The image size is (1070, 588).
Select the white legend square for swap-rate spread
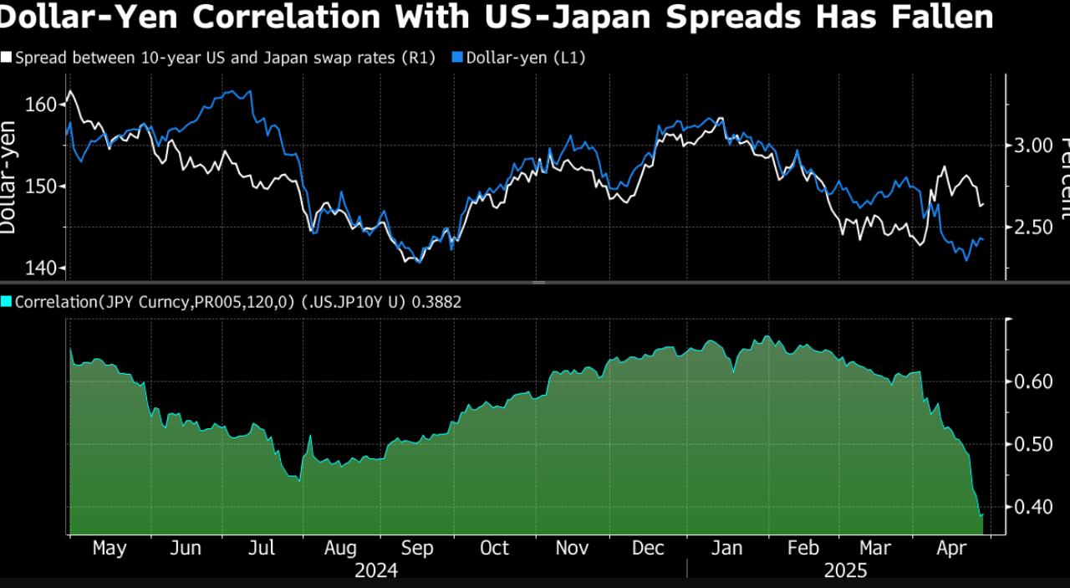pos(6,58)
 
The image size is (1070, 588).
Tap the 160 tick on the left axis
pos(42,105)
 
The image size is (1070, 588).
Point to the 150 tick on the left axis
pos(42,186)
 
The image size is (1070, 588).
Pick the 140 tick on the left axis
pos(42,268)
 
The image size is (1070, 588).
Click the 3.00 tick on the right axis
pos(1034,146)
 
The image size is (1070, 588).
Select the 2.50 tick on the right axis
pos(1034,228)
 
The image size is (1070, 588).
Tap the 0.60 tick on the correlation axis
pos(1034,381)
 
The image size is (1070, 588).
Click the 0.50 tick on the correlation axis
pos(1034,444)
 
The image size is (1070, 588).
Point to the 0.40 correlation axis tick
pos(1034,507)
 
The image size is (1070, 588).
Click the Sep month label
pos(417,549)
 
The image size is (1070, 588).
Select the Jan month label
pos(726,549)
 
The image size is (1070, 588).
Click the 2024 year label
pos(376,571)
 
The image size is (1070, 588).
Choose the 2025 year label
pos(845,571)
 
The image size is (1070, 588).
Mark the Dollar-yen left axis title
pos(8,177)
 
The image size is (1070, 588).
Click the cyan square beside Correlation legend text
pos(6,302)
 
